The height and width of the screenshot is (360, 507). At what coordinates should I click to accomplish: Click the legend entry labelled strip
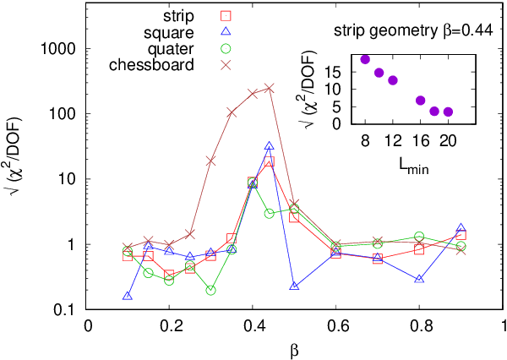coord(177,15)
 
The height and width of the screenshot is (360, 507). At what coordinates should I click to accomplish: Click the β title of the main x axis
coord(296,348)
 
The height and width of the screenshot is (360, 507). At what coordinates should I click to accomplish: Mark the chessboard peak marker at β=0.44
coord(269,88)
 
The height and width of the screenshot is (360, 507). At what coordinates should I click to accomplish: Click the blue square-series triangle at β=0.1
coord(128,296)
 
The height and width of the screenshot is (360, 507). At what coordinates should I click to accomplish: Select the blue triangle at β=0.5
coord(294,286)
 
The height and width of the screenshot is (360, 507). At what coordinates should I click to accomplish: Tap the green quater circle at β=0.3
coord(210,290)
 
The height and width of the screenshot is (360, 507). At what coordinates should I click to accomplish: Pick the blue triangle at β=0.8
coord(419,278)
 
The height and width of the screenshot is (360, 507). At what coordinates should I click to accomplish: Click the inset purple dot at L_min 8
coord(365,59)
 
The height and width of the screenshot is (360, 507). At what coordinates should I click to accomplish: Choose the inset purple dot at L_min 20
coord(448,112)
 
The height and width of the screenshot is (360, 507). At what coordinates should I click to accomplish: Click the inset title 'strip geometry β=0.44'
coord(413,33)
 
